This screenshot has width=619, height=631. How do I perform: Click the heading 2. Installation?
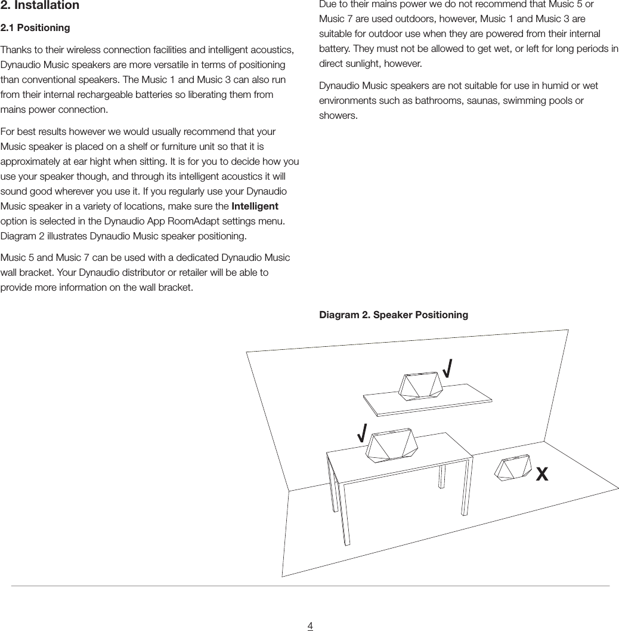pyautogui.click(x=39, y=6)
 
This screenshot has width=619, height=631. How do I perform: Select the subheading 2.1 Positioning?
pyautogui.click(x=35, y=28)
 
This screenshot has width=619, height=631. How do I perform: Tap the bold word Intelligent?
pyautogui.click(x=255, y=207)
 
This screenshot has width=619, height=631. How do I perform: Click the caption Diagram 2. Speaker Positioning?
pyautogui.click(x=394, y=315)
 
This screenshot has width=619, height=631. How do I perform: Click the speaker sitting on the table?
pyautogui.click(x=391, y=445)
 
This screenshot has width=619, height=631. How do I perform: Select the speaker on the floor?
pyautogui.click(x=513, y=469)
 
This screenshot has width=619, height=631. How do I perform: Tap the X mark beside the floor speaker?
pyautogui.click(x=541, y=475)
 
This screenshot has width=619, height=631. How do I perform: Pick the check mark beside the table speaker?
pyautogui.click(x=361, y=431)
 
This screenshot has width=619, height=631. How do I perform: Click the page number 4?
pyautogui.click(x=310, y=626)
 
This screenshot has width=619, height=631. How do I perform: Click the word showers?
pyautogui.click(x=338, y=115)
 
